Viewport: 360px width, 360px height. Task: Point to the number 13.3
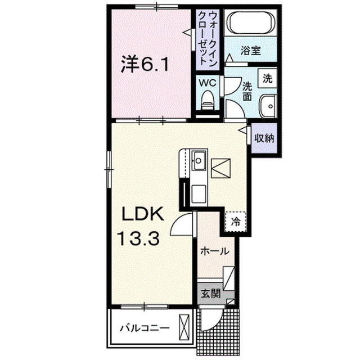point(138,238)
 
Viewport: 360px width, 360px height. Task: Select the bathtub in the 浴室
point(251,23)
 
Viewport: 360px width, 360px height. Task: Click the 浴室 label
point(251,51)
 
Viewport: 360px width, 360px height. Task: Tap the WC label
point(209,82)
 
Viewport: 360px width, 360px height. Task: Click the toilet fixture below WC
point(208,101)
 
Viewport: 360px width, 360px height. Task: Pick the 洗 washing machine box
point(268,78)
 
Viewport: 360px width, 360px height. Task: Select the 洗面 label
point(248,91)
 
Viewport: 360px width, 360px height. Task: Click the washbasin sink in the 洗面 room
point(268,105)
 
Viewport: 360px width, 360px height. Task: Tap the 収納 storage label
point(264,138)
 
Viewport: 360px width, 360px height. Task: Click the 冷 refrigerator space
point(236,220)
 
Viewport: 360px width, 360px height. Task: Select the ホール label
point(214,251)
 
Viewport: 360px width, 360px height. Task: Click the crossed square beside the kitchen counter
point(220,168)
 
